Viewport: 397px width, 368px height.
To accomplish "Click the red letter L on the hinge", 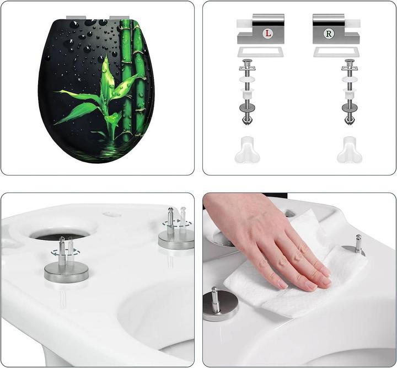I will [268, 34].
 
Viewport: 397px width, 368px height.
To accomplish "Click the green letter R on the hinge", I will [329, 34].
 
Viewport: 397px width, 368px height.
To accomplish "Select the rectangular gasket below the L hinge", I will [260, 52].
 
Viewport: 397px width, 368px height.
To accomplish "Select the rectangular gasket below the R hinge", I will [336, 52].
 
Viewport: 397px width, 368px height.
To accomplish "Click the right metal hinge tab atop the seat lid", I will [118, 18].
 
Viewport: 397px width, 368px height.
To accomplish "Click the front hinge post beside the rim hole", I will [66, 262].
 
